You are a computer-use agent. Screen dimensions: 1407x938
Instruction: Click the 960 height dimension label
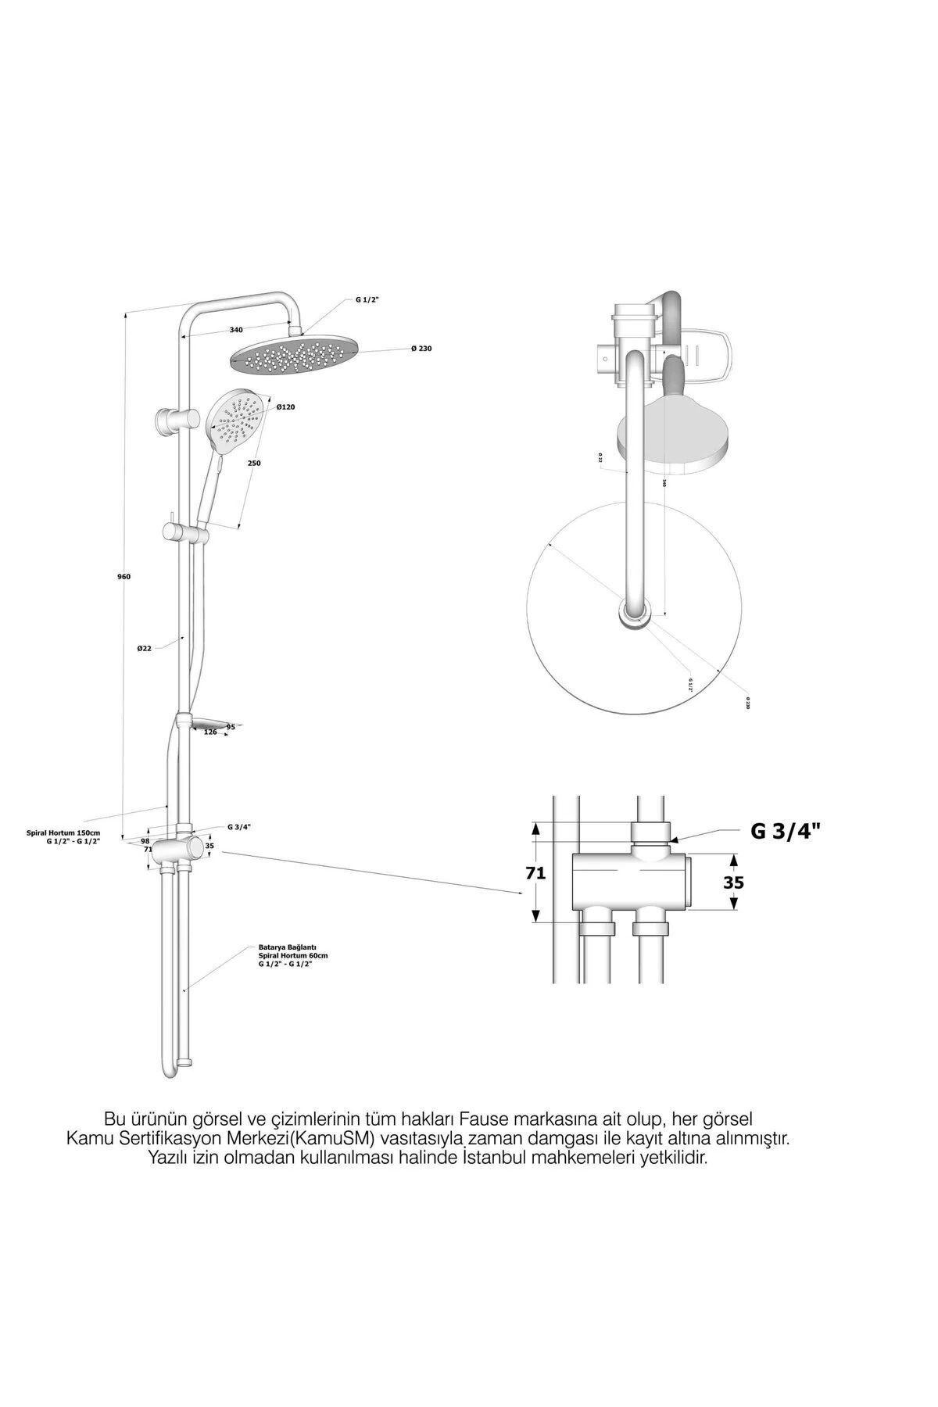pyautogui.click(x=124, y=577)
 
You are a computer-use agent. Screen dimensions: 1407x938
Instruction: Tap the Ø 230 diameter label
pyautogui.click(x=420, y=349)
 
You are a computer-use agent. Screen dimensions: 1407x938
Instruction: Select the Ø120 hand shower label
pyautogui.click(x=285, y=407)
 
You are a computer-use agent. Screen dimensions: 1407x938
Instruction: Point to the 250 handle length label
pyautogui.click(x=255, y=464)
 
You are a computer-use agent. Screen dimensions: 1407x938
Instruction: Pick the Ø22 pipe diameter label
pyautogui.click(x=143, y=648)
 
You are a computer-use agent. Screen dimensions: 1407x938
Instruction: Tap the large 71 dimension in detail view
pyautogui.click(x=535, y=873)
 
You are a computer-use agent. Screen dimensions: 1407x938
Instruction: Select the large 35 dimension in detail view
pyautogui.click(x=733, y=883)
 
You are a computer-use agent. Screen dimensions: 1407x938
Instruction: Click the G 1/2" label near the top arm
pyautogui.click(x=367, y=300)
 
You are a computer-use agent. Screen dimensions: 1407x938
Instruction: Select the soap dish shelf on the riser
pyautogui.click(x=207, y=723)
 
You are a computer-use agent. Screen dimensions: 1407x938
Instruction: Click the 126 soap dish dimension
pyautogui.click(x=210, y=732)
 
